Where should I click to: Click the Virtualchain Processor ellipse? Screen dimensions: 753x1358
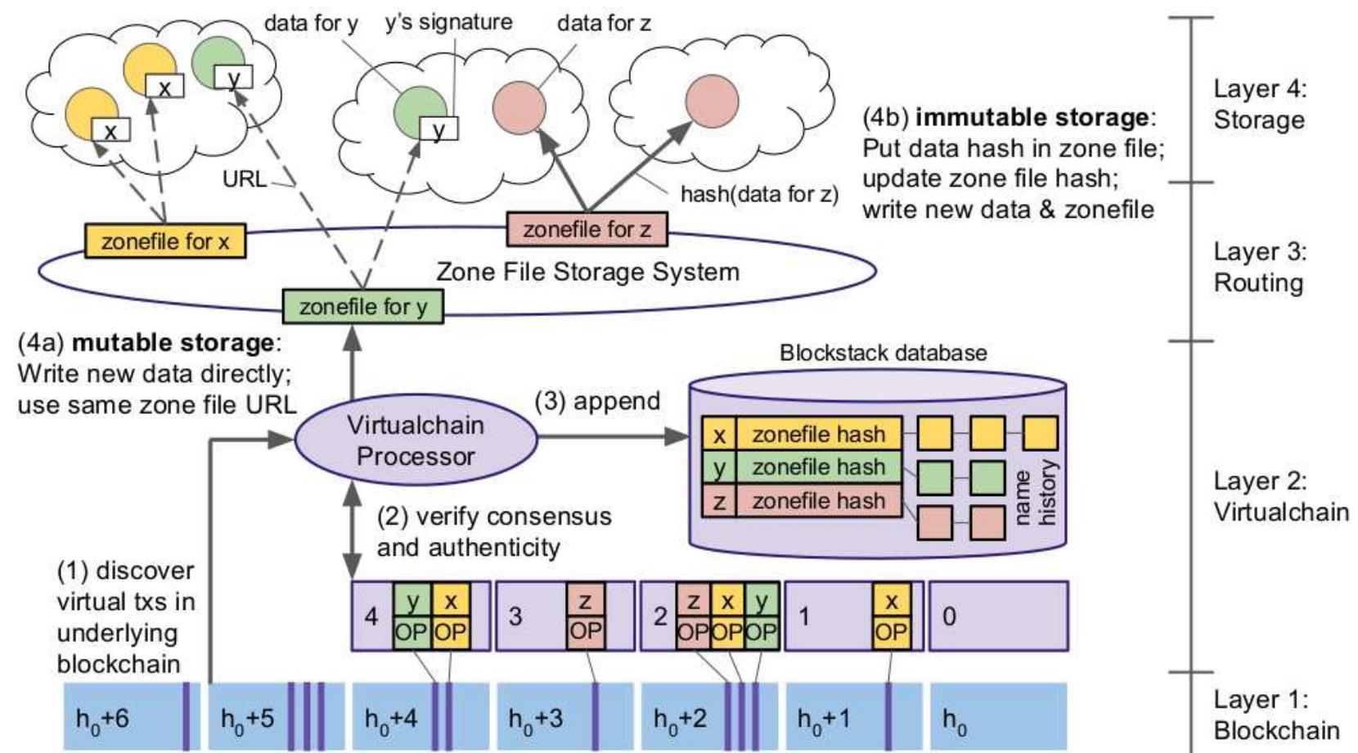click(x=415, y=440)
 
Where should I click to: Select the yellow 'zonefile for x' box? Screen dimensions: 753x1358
click(x=165, y=241)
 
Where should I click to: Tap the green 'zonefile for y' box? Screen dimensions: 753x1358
click(x=362, y=307)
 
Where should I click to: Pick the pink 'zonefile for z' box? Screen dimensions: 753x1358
click(x=587, y=229)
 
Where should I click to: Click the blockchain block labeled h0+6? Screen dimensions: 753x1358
click(x=123, y=718)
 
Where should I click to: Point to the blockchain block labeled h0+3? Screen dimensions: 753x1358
click(x=540, y=718)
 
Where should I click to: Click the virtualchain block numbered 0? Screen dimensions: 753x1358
click(x=998, y=615)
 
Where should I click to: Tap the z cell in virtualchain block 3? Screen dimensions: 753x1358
click(x=586, y=602)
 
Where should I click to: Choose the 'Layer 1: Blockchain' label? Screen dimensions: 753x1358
click(x=1276, y=714)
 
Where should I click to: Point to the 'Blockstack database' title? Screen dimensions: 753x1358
click(x=883, y=353)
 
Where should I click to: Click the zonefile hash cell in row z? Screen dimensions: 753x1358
click(x=818, y=500)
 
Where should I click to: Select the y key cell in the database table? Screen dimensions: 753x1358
click(x=718, y=467)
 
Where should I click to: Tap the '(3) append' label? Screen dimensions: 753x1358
click(x=597, y=401)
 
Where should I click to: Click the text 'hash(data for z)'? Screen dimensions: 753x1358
click(x=759, y=194)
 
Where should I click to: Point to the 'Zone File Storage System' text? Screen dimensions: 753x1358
click(x=587, y=271)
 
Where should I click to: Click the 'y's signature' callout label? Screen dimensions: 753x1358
click(x=448, y=22)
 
